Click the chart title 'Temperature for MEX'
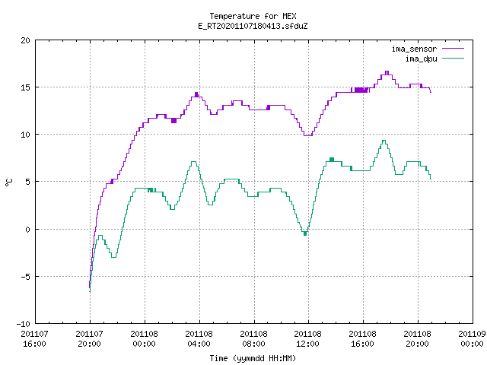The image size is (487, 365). [253, 16]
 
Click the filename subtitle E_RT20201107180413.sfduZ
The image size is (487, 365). [253, 26]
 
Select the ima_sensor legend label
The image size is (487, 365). [414, 49]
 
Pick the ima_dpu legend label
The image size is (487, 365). [421, 59]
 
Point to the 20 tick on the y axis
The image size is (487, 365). [25, 40]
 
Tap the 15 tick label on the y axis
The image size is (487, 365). [25, 87]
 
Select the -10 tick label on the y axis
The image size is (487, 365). [24, 324]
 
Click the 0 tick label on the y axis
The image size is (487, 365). [27, 230]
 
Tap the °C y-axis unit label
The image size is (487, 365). [8, 182]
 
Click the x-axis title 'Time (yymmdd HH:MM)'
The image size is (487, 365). [253, 358]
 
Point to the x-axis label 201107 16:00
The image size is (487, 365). [34, 339]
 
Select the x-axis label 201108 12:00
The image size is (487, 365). [307, 339]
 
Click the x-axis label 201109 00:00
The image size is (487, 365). [472, 339]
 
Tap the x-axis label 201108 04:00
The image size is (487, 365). [199, 339]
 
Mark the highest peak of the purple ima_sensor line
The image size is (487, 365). [387, 71]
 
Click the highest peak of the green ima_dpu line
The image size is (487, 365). [384, 141]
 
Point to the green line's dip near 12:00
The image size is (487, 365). [305, 233]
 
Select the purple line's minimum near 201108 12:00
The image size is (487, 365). [308, 135]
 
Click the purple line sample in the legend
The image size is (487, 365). [454, 49]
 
